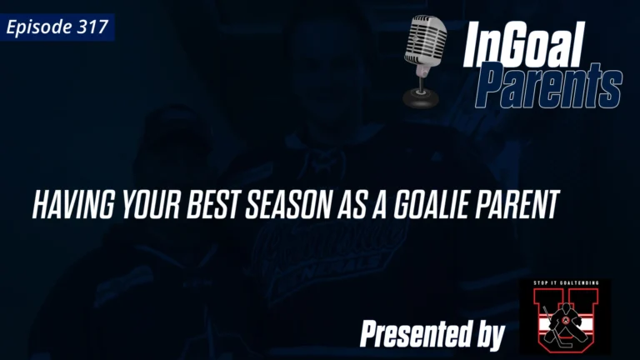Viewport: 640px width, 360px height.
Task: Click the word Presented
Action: pos(413,335)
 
